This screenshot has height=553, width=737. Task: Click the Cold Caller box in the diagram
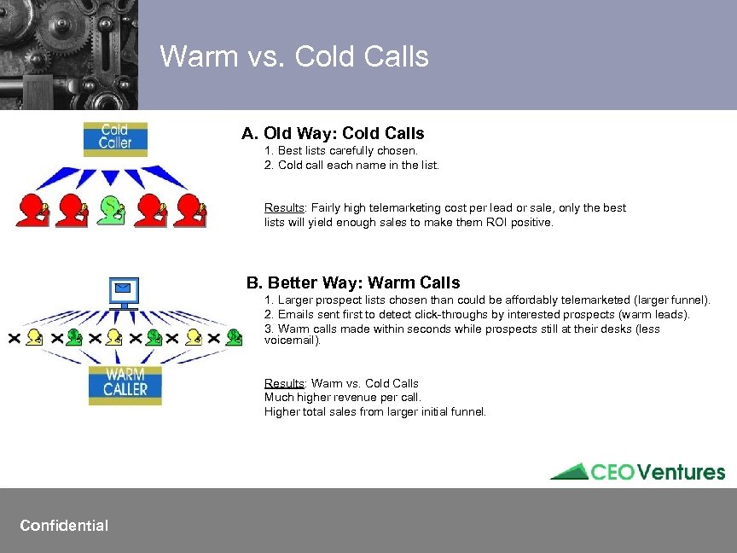(x=115, y=138)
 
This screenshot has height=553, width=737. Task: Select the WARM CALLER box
(x=125, y=385)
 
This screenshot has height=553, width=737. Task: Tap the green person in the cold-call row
(x=111, y=210)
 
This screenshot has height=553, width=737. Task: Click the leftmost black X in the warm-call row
(x=15, y=338)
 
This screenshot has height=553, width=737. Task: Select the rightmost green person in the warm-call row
(x=232, y=338)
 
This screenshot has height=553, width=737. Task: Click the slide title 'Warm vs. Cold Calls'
(x=294, y=56)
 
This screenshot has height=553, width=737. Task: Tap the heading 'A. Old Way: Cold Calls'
(x=333, y=133)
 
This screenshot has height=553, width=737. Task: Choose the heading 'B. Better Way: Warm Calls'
(x=353, y=282)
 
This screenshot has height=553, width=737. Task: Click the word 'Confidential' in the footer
(x=64, y=525)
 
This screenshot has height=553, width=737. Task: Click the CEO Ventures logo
(x=637, y=472)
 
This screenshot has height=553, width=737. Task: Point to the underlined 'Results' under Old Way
(x=283, y=208)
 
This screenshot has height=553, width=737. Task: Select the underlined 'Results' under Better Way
(x=283, y=383)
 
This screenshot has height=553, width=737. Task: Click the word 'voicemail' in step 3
(x=291, y=341)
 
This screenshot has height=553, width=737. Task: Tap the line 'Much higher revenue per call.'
(x=343, y=397)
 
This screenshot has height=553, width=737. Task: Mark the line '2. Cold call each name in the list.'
(x=351, y=166)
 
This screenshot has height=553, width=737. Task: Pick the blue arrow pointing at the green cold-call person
(x=111, y=177)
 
